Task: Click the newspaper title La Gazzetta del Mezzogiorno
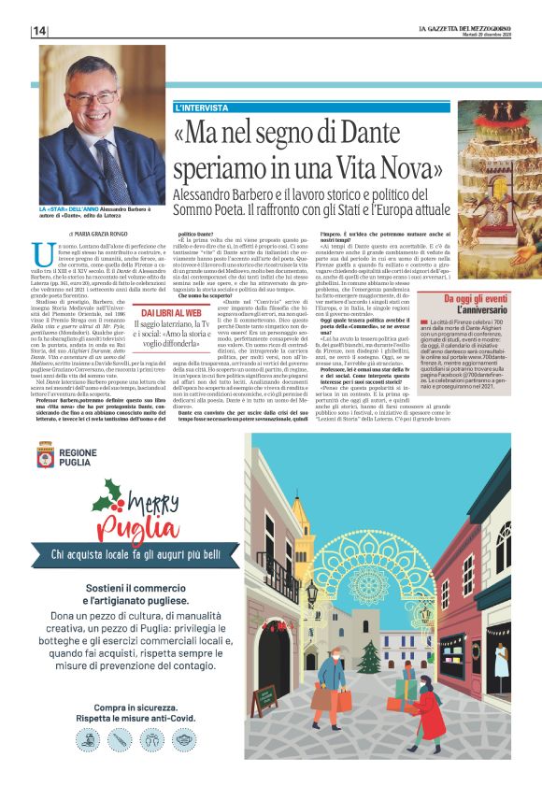[x=464, y=27]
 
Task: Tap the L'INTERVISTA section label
[x=202, y=108]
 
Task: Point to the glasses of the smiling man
[x=93, y=96]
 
